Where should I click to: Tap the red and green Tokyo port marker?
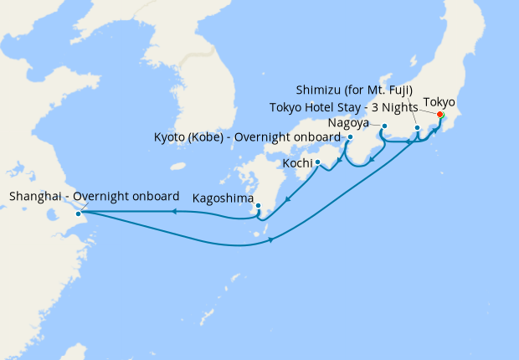440,115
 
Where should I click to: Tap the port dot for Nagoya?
384,126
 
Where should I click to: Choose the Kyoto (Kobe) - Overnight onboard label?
246,137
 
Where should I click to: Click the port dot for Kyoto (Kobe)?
350,137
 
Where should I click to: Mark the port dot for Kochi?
318,162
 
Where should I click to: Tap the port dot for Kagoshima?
258,205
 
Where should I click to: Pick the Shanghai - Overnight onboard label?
94,196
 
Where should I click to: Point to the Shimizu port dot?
417,128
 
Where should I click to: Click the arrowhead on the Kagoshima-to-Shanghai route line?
173,212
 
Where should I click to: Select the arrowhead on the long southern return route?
273,242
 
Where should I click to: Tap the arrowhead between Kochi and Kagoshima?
288,199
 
